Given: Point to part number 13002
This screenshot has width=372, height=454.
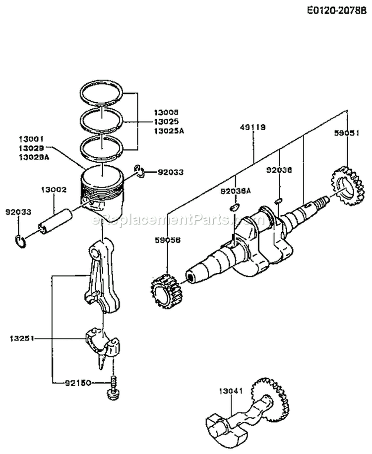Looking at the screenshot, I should point(51,190).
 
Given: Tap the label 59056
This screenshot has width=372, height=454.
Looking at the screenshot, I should point(169,239).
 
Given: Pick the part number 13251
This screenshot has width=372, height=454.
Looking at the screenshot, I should point(20,338).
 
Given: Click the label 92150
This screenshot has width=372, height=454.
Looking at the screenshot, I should point(77,383).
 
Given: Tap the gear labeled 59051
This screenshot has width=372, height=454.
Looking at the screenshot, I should point(344,188).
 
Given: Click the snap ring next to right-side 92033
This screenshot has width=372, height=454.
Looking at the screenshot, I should point(139,172).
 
